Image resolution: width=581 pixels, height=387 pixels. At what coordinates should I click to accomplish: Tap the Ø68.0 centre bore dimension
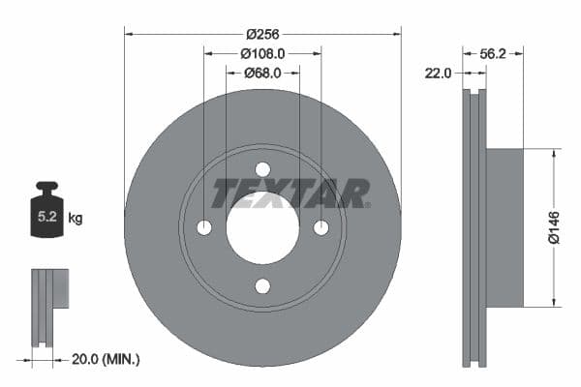pyautogui.click(x=262, y=72)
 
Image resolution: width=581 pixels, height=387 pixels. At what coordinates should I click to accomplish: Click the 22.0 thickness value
pyautogui.click(x=439, y=73)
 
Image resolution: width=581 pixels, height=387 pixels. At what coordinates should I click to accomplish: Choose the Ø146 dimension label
pyautogui.click(x=553, y=226)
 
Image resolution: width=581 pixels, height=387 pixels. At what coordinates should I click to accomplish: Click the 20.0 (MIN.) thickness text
pyautogui.click(x=107, y=359)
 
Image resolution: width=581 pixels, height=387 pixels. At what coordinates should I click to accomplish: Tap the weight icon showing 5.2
pyautogui.click(x=46, y=212)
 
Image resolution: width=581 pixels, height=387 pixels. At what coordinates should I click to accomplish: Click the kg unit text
pyautogui.click(x=76, y=219)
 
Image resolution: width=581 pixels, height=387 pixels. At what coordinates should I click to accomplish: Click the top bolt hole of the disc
pyautogui.click(x=262, y=169)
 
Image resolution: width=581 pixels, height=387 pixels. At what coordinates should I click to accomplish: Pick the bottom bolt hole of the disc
pyautogui.click(x=262, y=285)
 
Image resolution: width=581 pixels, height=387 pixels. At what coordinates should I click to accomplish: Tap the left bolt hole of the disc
pyautogui.click(x=204, y=227)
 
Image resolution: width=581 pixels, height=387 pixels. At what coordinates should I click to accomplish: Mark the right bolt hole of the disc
pyautogui.click(x=321, y=227)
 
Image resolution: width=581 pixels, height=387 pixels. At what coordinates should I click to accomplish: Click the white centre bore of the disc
pyautogui.click(x=262, y=227)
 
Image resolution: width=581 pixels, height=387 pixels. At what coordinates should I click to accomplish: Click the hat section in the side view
pyautogui.click(x=504, y=227)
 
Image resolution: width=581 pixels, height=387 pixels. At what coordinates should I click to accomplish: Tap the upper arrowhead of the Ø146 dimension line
pyautogui.click(x=553, y=153)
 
